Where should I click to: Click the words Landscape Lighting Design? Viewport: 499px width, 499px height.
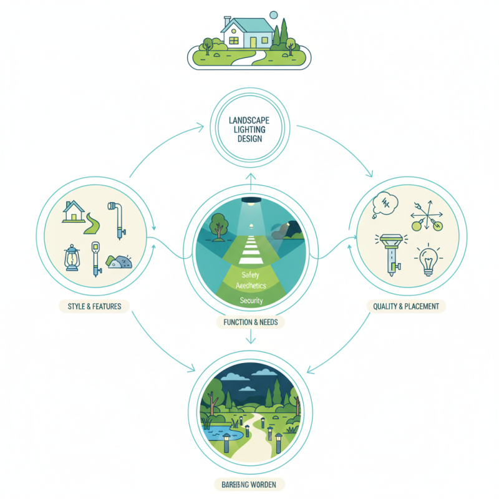pyautogui.click(x=249, y=130)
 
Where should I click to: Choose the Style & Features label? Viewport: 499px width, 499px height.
pyautogui.click(x=94, y=306)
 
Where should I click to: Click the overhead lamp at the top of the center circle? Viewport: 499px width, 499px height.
pyautogui.click(x=250, y=201)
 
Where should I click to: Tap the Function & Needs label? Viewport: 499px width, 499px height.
pyautogui.click(x=249, y=322)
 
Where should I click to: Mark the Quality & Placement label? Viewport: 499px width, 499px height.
pyautogui.click(x=405, y=306)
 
